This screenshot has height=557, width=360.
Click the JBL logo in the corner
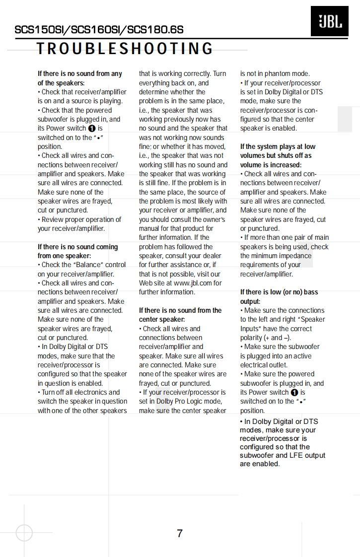(x=329, y=21)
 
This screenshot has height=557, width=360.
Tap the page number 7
(x=180, y=534)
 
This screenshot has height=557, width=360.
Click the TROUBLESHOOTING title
(x=125, y=49)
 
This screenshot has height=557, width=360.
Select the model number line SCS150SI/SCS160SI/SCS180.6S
(x=99, y=30)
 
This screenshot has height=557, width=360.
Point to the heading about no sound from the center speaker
(x=180, y=315)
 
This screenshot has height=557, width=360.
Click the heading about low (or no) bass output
(x=279, y=297)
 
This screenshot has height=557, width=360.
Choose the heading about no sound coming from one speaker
(x=78, y=251)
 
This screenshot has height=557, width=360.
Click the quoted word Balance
(x=88, y=265)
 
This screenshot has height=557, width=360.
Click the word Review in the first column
(x=53, y=219)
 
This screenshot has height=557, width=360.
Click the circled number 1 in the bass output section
(x=295, y=393)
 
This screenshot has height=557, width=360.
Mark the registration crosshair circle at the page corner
(x=24, y=533)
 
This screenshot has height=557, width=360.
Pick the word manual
(x=151, y=229)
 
